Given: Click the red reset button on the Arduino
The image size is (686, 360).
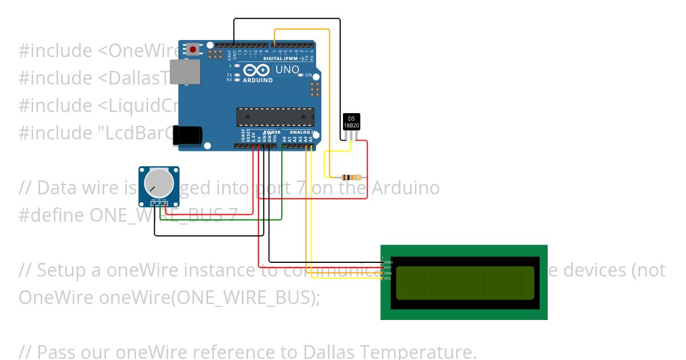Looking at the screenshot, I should click(x=193, y=50).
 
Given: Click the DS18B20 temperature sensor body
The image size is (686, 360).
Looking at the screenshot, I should click(x=351, y=121).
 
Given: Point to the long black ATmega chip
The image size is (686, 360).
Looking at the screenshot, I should click(x=275, y=117).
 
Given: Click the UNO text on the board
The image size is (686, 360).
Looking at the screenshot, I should click(x=287, y=70).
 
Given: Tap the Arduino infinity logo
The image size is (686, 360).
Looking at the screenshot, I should click(x=256, y=70).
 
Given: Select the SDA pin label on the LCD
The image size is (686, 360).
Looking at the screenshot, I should click(x=388, y=273).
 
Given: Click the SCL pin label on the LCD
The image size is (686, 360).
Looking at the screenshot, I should click(x=388, y=278).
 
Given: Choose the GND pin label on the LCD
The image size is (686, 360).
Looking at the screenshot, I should click(x=389, y=262).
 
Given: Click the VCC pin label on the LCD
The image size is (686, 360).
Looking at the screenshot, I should click(x=388, y=267).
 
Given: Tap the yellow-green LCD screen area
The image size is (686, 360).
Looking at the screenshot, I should click(x=465, y=283).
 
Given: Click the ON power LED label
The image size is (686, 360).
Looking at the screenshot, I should click(x=308, y=75).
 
